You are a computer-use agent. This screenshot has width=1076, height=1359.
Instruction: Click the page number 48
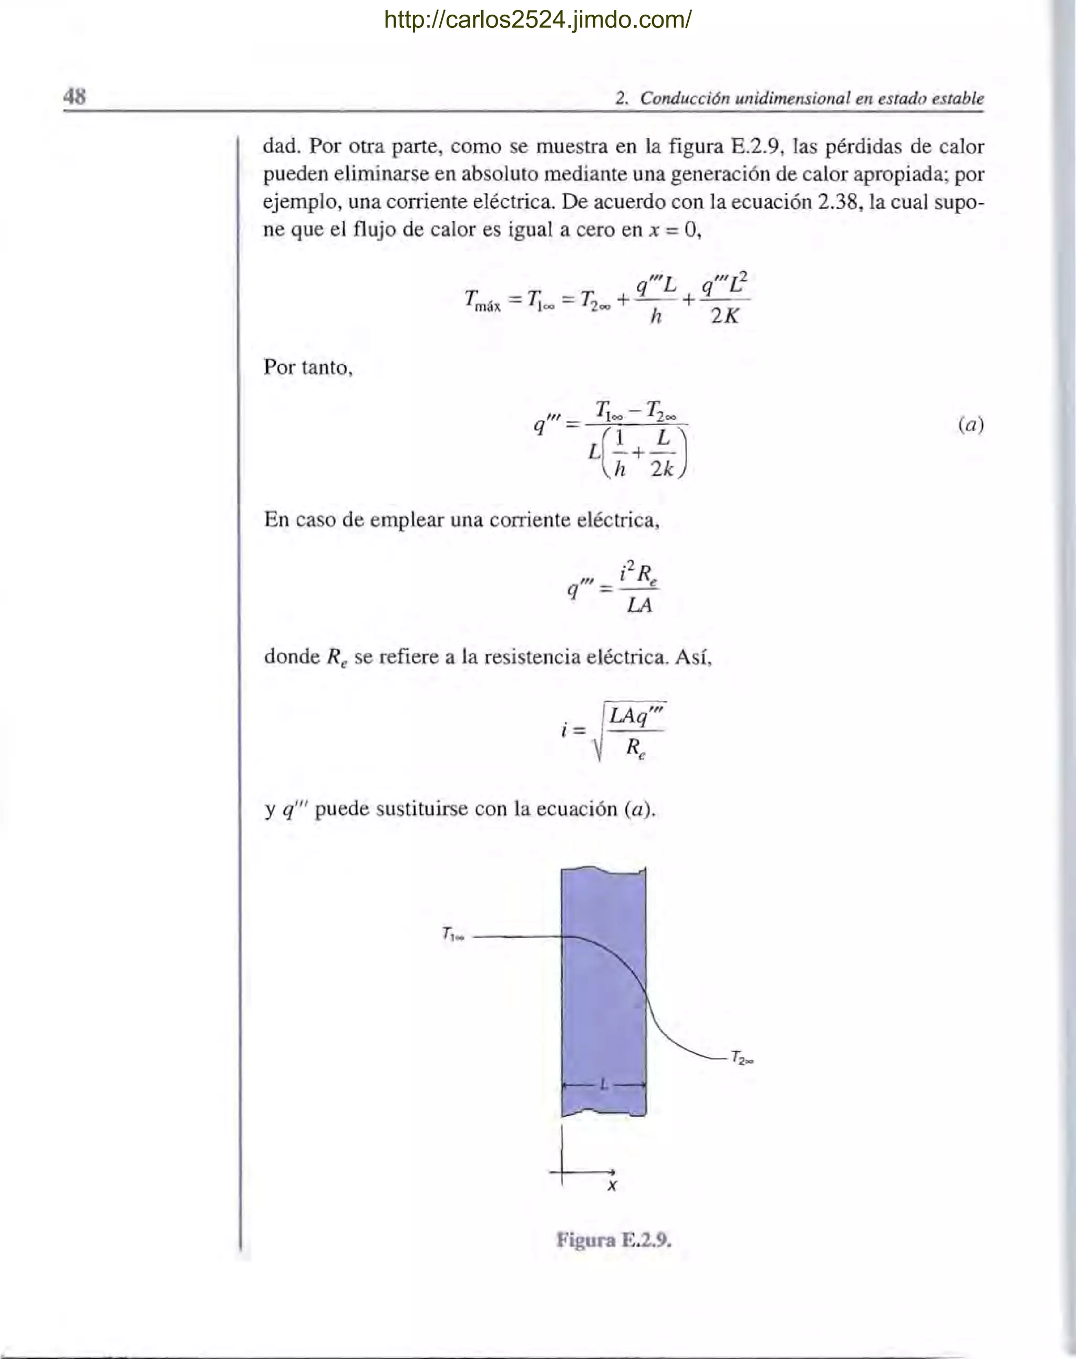coord(74,98)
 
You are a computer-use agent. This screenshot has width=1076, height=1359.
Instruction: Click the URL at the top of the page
coord(537,20)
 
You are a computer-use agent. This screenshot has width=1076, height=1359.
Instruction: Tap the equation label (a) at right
coord(970,425)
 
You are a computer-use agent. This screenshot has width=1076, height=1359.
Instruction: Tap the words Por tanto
coord(308,367)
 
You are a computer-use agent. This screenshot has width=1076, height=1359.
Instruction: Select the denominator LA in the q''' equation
coord(639,606)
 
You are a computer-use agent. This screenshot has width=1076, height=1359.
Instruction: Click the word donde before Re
coord(292,656)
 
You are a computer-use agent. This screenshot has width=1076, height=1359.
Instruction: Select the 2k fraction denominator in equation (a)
coord(662,468)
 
